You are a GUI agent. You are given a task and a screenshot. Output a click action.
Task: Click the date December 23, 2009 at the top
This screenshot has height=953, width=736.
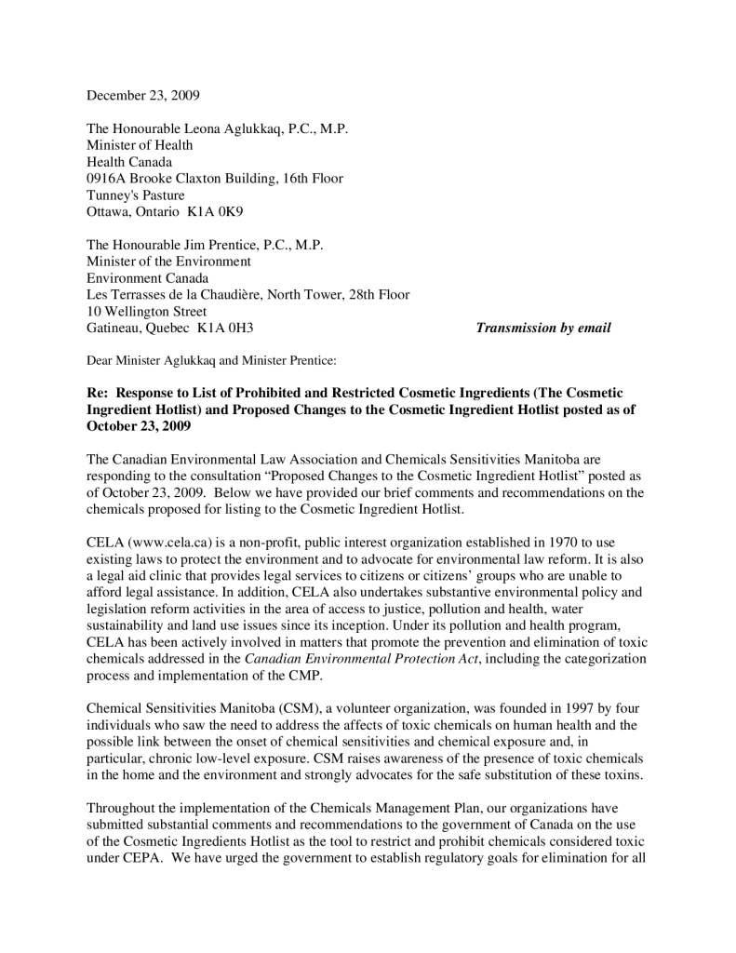(x=143, y=96)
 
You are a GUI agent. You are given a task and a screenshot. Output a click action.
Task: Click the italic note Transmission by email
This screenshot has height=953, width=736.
(x=543, y=329)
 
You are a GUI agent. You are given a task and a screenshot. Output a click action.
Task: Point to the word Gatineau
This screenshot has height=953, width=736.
(x=115, y=329)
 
